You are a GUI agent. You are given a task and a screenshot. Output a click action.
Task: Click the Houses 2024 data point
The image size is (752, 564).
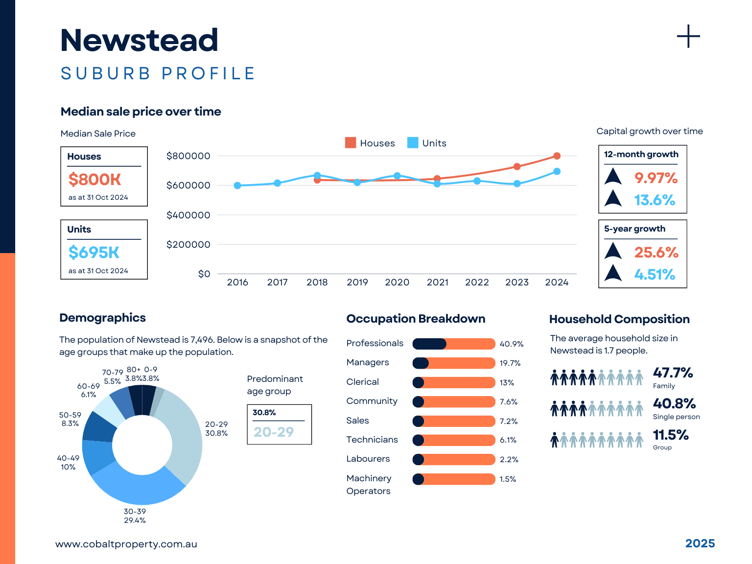[x=557, y=156]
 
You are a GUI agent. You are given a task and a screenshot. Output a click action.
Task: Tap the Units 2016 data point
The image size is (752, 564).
[x=237, y=186]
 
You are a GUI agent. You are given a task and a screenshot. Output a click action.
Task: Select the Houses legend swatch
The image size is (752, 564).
[x=351, y=143]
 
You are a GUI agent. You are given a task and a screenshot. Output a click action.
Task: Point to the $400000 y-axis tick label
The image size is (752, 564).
[x=188, y=215]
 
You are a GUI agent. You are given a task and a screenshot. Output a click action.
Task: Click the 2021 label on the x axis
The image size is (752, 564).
[x=437, y=282]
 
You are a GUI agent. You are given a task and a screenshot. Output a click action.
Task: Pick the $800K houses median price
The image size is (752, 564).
[x=94, y=180]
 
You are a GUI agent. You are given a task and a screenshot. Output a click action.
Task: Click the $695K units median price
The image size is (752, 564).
[x=94, y=253]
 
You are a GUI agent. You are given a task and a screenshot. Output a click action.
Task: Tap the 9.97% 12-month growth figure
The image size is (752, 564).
[x=656, y=178]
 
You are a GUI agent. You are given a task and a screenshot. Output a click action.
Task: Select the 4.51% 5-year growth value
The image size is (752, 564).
[x=655, y=275]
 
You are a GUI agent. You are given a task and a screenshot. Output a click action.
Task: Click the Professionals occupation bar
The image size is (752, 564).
[x=453, y=344]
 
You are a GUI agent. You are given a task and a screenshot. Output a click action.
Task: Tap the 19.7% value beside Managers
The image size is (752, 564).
[x=510, y=363]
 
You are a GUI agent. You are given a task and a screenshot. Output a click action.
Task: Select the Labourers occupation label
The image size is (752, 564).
[x=368, y=459]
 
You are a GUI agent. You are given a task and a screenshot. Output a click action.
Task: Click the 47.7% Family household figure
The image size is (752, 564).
[x=673, y=373]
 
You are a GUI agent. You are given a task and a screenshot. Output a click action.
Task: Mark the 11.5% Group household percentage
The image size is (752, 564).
[x=671, y=435]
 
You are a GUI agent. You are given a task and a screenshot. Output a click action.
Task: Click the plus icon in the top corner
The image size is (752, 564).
[x=688, y=37]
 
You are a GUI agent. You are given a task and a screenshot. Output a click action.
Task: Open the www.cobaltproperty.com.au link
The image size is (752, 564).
[x=126, y=544]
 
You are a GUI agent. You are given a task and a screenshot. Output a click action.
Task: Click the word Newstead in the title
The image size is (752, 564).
[x=139, y=40]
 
